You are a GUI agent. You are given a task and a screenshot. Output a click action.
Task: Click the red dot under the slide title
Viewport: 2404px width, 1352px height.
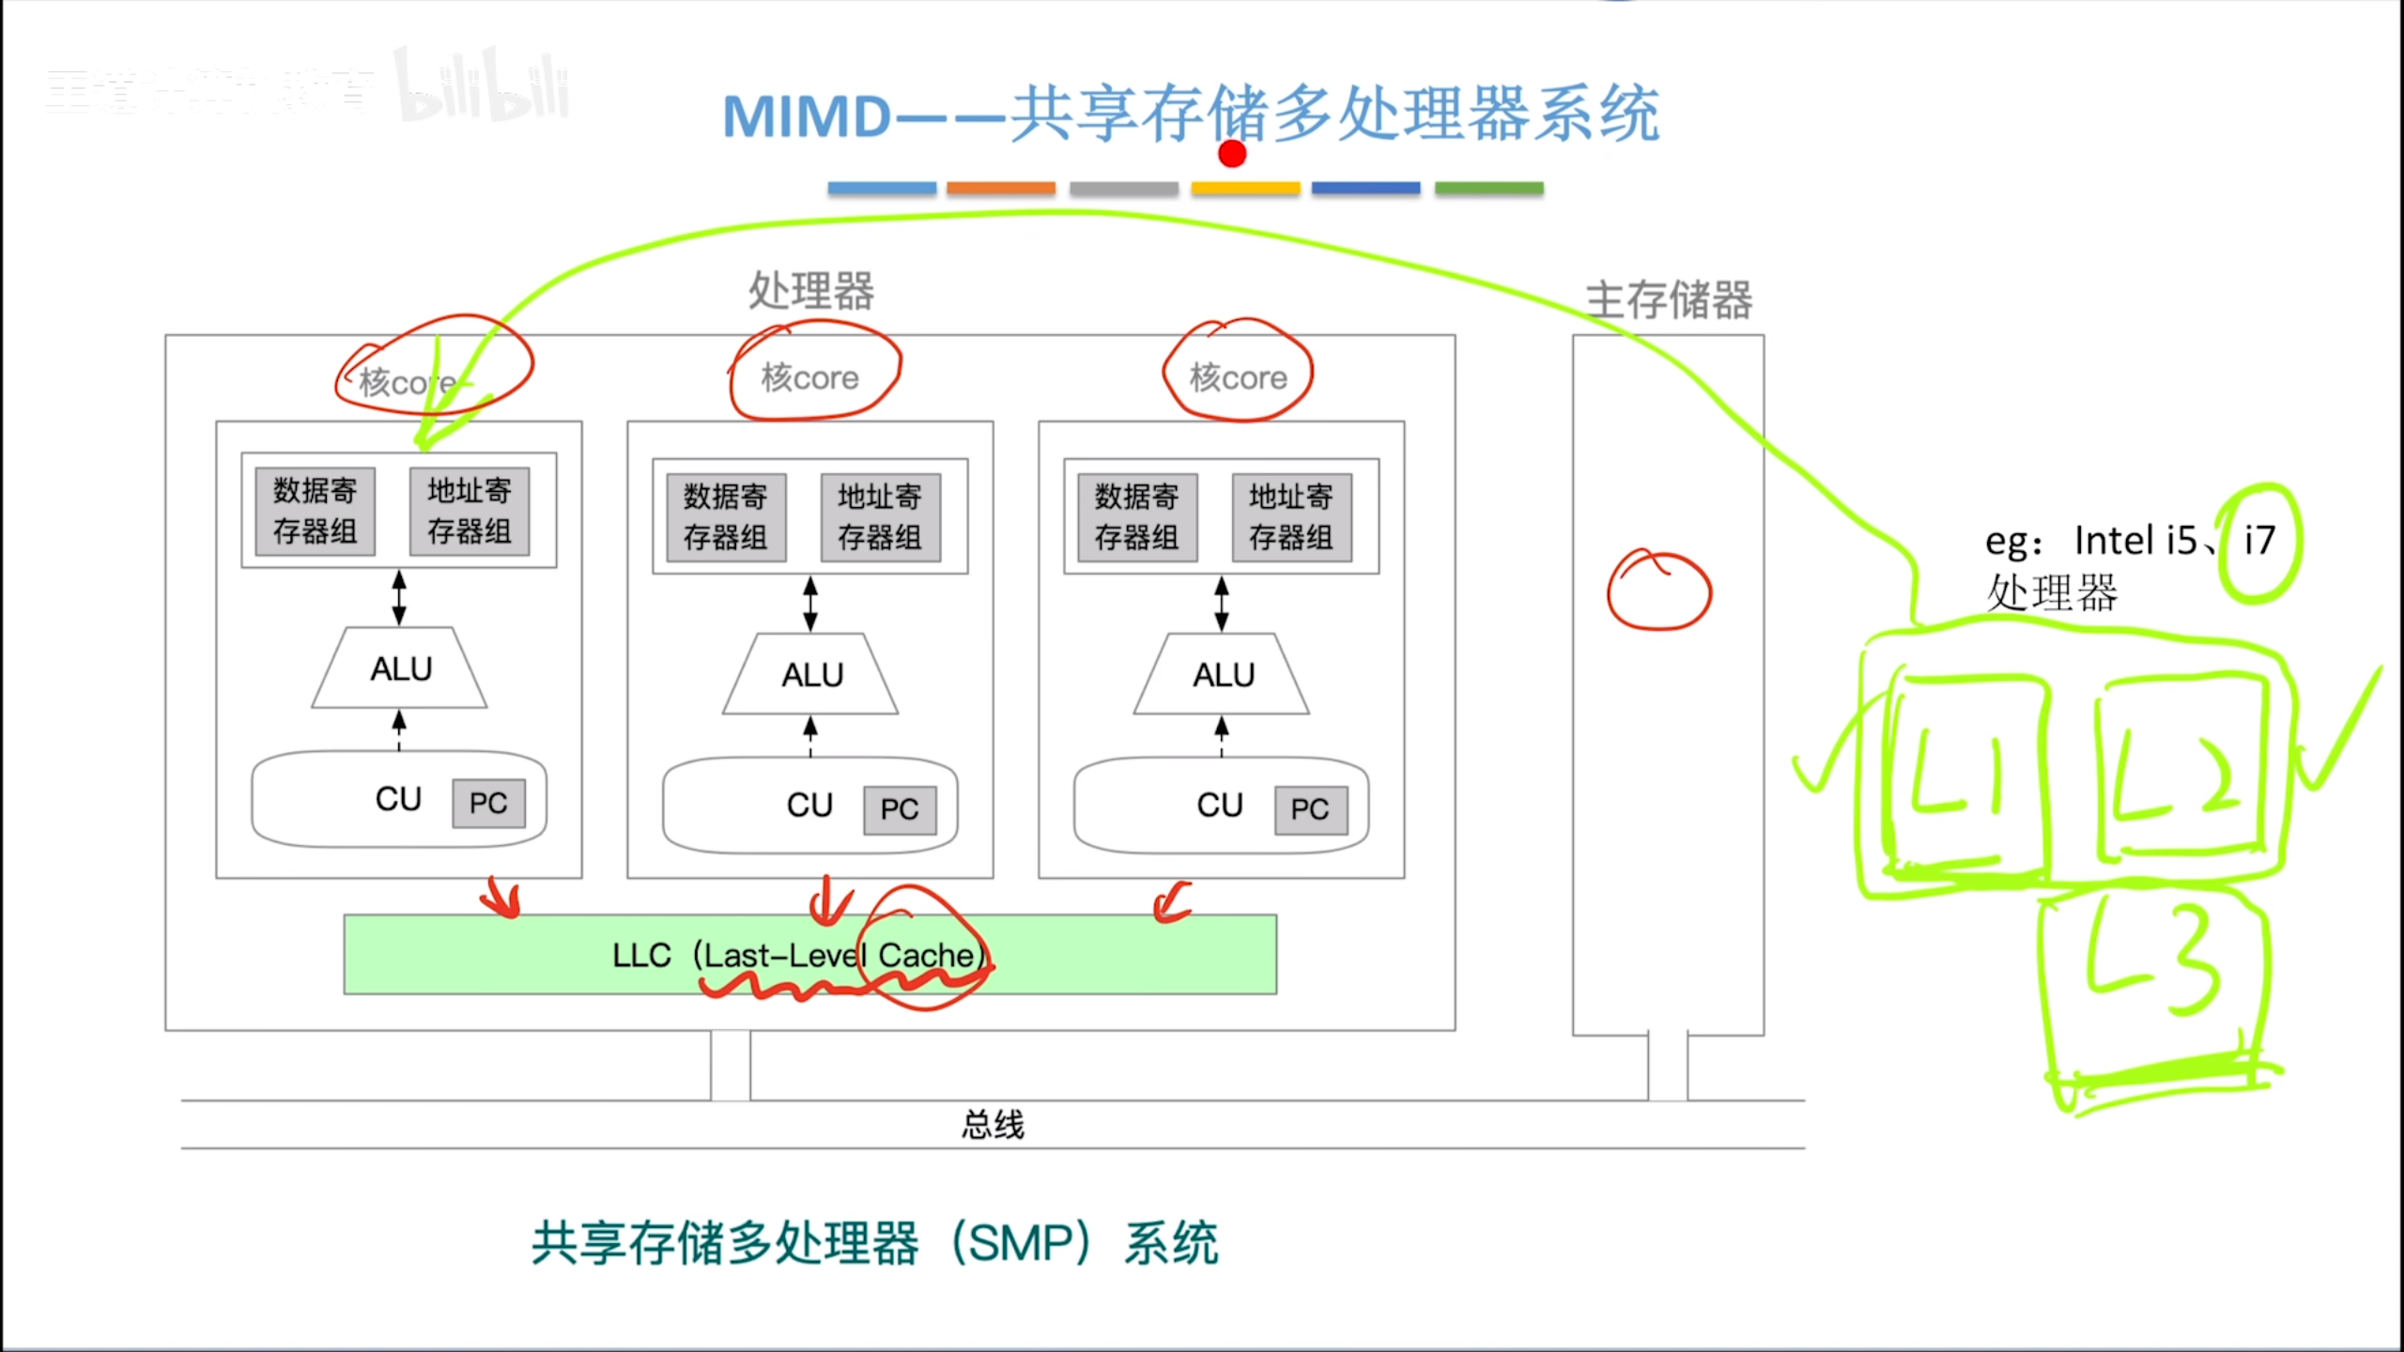point(1232,153)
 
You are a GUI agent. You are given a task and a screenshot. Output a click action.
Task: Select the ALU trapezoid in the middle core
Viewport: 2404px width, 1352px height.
point(811,674)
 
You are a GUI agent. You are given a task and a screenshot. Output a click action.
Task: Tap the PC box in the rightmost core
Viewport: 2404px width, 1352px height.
point(1310,809)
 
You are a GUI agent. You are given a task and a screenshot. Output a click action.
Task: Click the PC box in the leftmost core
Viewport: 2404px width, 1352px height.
point(488,804)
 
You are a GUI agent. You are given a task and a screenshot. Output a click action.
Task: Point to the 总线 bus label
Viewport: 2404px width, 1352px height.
point(993,1124)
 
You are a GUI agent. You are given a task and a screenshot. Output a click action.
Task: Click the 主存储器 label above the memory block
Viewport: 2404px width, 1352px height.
point(1669,300)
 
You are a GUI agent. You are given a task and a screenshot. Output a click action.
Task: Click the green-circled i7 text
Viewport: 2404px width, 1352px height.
point(2259,542)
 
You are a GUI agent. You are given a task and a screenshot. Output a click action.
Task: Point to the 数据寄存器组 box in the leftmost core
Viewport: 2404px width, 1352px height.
point(316,511)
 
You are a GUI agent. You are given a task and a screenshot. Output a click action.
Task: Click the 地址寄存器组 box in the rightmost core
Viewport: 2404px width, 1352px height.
point(1291,517)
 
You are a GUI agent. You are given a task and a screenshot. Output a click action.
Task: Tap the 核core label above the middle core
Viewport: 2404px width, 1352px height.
point(810,377)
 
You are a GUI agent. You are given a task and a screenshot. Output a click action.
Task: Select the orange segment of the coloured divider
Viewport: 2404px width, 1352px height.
point(1001,189)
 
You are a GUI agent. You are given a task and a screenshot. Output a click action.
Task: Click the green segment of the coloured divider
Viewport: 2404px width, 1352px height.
point(1488,189)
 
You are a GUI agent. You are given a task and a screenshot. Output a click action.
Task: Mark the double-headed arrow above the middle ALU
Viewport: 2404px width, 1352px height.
point(810,603)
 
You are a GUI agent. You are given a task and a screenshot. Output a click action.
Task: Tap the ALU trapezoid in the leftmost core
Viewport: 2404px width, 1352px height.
point(400,668)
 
